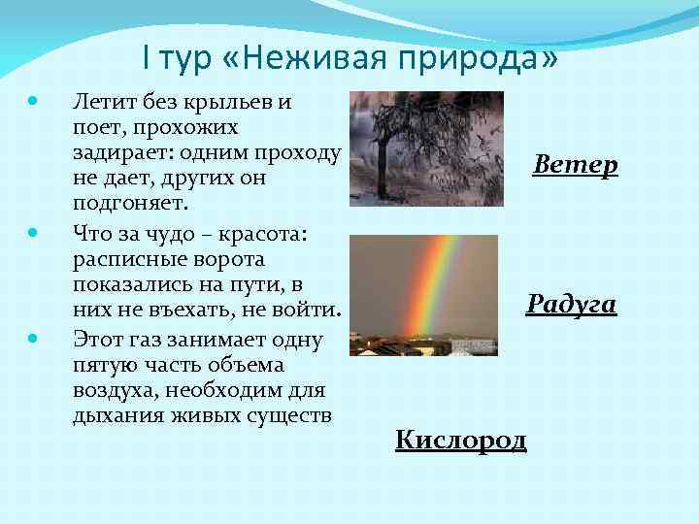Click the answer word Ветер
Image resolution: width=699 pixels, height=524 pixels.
(575, 165)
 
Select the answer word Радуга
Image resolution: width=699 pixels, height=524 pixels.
(571, 305)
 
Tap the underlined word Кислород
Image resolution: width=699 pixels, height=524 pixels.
(461, 441)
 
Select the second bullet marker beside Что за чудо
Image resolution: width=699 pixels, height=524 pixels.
(34, 234)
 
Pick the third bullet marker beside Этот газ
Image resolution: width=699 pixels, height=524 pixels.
(34, 339)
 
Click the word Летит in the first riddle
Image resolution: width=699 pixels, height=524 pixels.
(105, 101)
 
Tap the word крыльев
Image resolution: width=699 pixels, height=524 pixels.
(230, 101)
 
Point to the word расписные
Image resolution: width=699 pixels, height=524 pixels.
(128, 259)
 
